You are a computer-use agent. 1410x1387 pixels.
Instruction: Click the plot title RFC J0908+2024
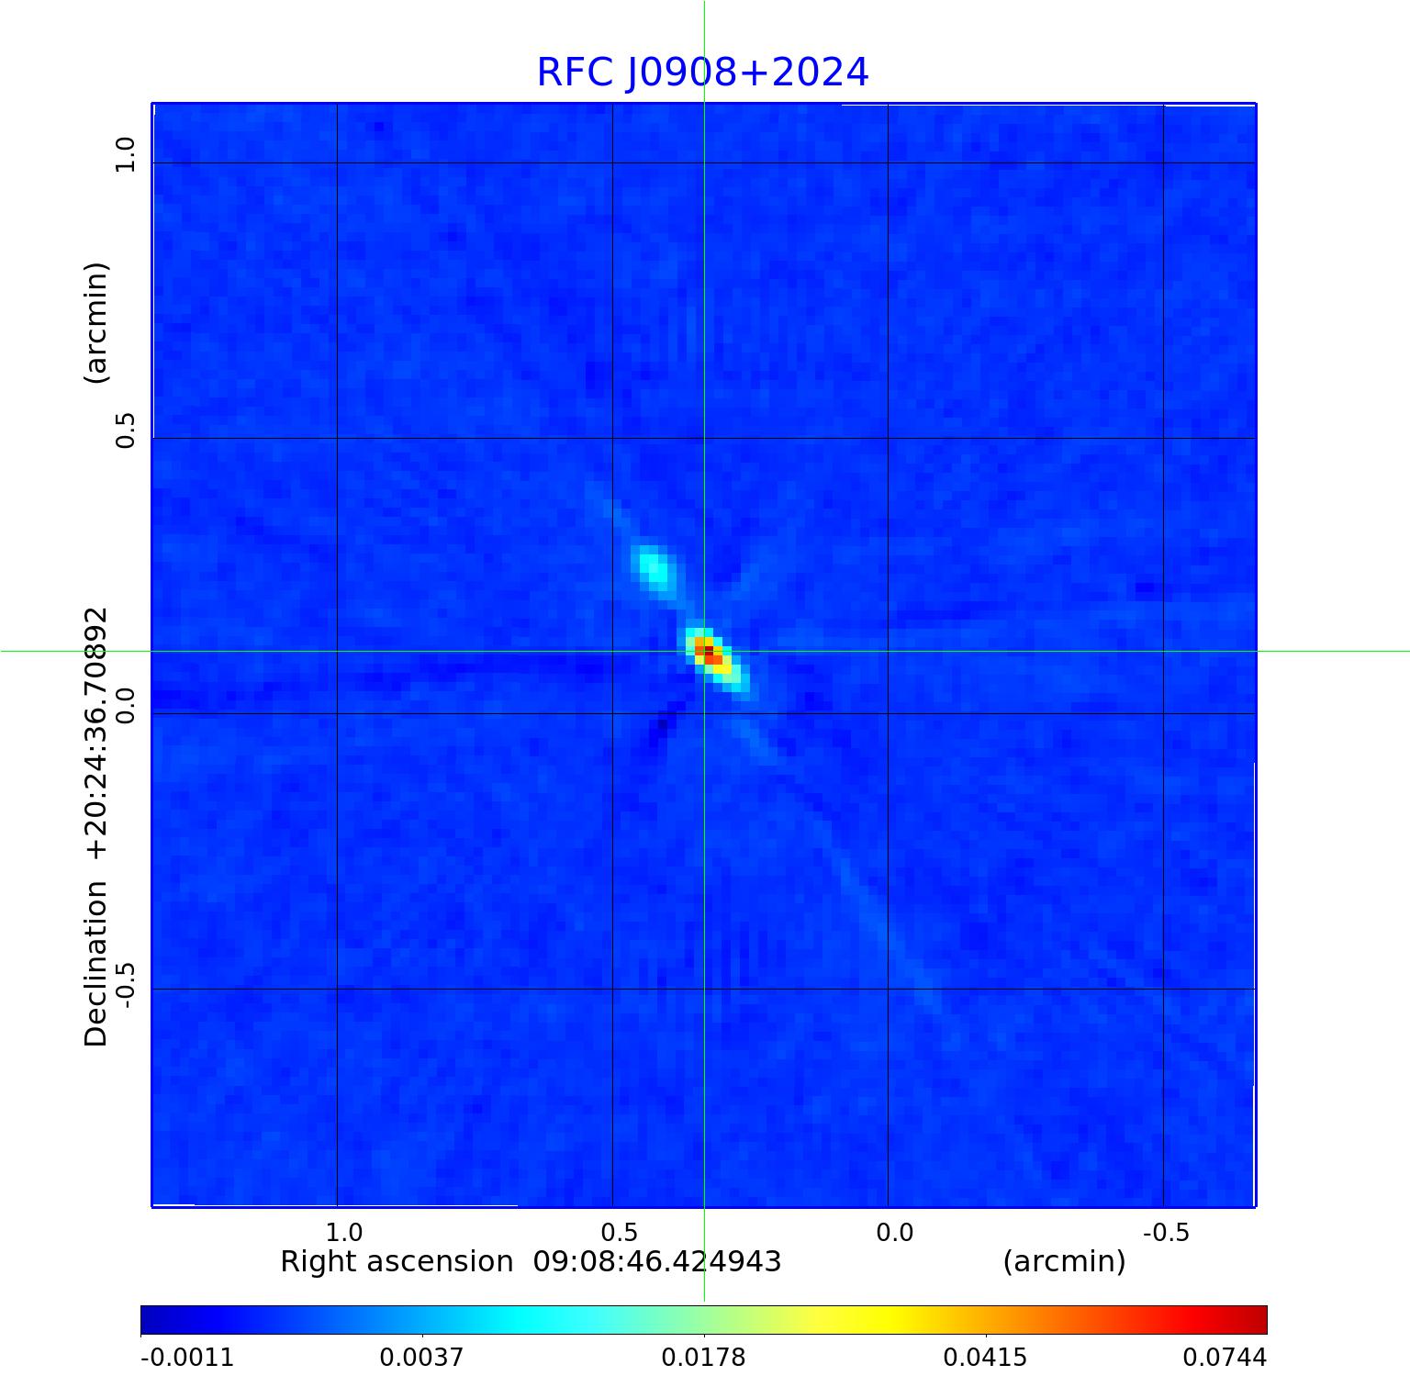702,73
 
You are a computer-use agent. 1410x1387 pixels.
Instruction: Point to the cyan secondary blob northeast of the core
653,565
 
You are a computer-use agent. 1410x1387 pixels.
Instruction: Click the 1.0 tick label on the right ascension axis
344,1232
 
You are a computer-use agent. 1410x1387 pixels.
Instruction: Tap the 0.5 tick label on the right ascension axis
620,1232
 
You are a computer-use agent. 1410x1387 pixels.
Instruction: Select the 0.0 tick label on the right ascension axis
895,1232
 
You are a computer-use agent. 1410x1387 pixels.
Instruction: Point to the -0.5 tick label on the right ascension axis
1166,1232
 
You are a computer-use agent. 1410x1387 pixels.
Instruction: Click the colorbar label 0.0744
1224,1358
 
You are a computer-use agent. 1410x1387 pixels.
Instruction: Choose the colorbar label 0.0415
986,1358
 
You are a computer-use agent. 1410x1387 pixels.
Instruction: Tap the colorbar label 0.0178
704,1358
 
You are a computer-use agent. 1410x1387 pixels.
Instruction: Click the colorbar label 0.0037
422,1358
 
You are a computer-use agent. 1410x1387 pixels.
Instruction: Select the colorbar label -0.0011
187,1358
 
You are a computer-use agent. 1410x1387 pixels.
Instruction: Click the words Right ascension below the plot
397,1262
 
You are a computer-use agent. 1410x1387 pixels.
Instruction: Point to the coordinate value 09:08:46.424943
657,1262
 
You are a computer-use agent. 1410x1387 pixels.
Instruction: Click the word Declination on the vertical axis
96,964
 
